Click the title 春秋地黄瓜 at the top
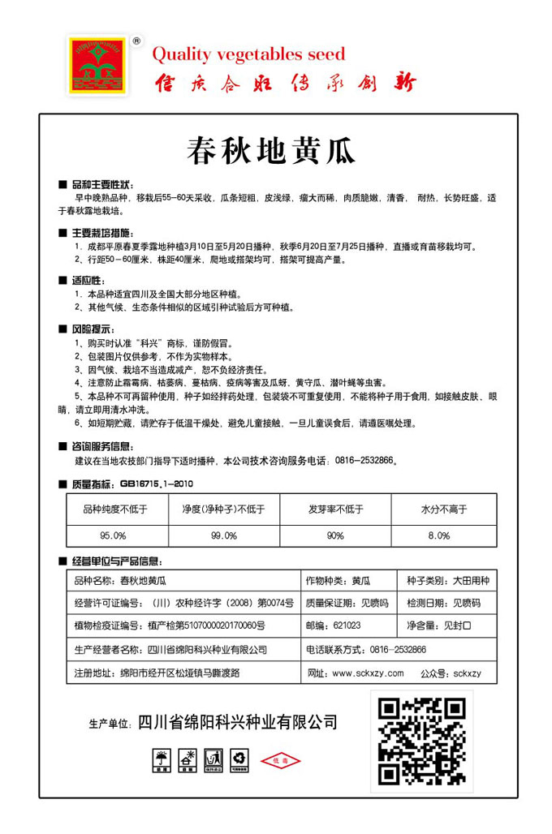pyautogui.click(x=260, y=150)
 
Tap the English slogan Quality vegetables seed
pyautogui.click(x=249, y=54)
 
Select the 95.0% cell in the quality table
pyautogui.click(x=113, y=535)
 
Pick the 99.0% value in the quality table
pyautogui.click(x=223, y=535)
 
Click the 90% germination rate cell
pyautogui.click(x=335, y=535)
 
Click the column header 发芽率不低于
pyautogui.click(x=335, y=509)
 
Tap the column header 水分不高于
pyautogui.click(x=444, y=509)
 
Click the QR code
pyautogui.click(x=422, y=739)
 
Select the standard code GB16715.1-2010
pyautogui.click(x=154, y=484)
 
